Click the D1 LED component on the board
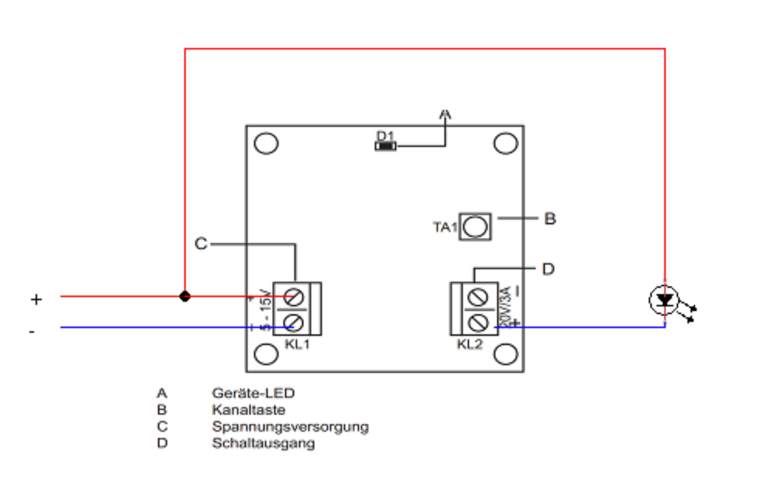point(385,146)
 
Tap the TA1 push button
point(475,227)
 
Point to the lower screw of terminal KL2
point(477,322)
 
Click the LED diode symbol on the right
point(665,301)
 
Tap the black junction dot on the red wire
point(185,296)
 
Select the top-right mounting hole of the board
point(505,143)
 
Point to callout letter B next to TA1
point(550,219)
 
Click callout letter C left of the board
point(201,244)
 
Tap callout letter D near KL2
point(549,269)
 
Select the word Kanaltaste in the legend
point(248,410)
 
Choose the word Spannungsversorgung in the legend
point(290,427)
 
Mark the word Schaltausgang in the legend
point(263,443)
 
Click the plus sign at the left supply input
point(37,300)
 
